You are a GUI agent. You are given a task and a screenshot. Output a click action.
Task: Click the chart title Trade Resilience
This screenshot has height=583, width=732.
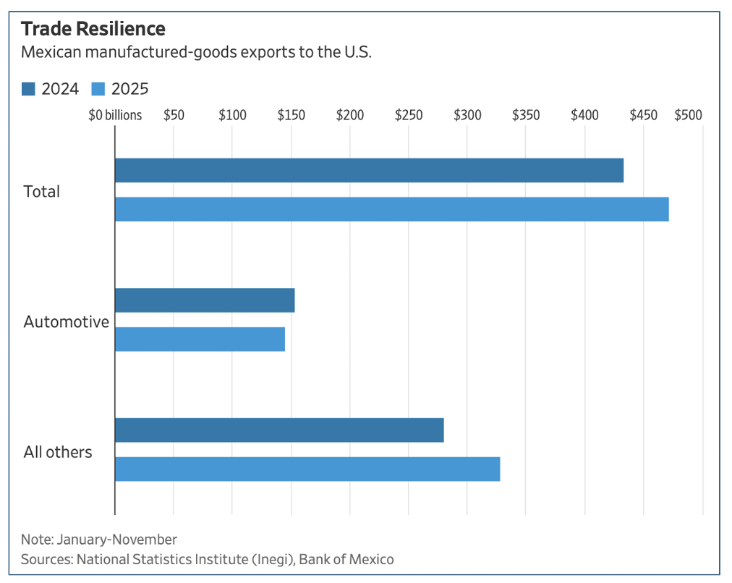point(93,29)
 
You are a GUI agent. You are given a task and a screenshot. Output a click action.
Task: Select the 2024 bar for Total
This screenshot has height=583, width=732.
point(369,171)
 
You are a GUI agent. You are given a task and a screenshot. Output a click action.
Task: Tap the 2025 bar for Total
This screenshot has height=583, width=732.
point(391,209)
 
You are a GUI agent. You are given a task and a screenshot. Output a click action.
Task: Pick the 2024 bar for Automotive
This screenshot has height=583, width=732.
point(205,300)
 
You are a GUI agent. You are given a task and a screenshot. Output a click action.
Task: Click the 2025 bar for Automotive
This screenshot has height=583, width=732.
point(200,339)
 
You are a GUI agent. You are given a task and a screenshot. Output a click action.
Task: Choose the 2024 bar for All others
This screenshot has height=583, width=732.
point(279,430)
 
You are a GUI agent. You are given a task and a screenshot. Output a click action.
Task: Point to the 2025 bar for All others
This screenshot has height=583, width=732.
point(307,469)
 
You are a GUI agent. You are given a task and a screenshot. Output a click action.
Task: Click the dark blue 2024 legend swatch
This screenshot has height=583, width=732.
point(28,89)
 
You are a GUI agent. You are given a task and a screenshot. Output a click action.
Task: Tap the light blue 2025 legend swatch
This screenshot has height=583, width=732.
point(98,89)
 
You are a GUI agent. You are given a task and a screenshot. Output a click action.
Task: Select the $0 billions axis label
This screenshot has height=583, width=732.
point(115,115)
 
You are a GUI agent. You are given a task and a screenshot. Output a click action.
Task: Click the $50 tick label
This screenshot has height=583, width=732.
point(174,115)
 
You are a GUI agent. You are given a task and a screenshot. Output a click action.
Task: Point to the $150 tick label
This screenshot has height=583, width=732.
point(291,115)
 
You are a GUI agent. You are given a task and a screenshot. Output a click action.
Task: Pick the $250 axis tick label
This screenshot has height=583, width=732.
point(409,115)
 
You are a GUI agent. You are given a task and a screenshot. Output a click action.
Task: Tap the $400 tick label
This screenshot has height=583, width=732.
point(584,115)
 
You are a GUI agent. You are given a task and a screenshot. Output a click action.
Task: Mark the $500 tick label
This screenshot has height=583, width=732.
point(689,115)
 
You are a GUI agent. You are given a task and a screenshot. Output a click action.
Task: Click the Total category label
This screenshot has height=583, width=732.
point(42,192)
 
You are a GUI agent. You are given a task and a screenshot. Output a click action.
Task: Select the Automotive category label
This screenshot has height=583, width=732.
point(66,322)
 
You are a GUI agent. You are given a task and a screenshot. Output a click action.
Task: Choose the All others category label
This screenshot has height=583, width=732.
point(58,452)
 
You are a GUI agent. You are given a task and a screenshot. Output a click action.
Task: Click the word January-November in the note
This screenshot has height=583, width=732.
point(116,540)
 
